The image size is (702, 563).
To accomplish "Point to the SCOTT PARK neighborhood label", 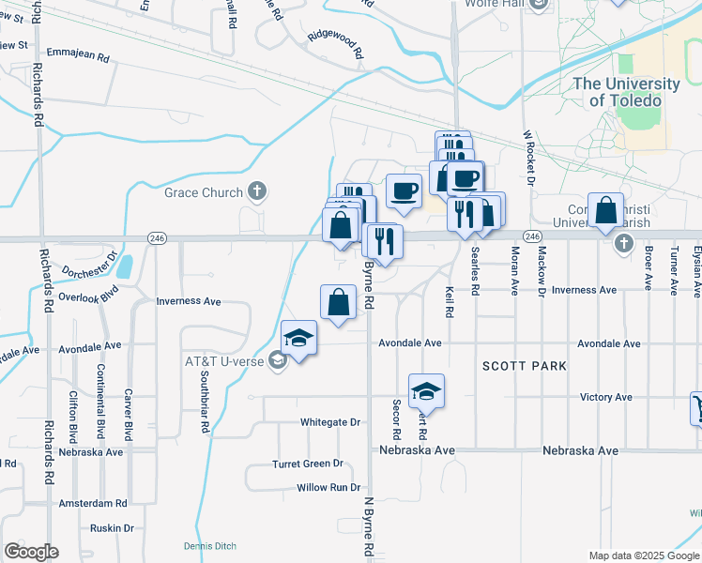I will point(525,365).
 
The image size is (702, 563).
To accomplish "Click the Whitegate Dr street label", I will point(329,422).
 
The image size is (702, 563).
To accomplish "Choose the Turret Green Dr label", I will point(307,464).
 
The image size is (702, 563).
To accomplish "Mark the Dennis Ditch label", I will point(210,546).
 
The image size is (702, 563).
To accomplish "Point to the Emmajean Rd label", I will point(78,57).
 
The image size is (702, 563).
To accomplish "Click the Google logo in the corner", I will point(31,552).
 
